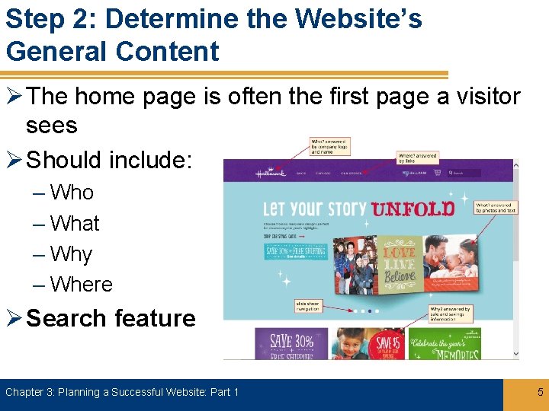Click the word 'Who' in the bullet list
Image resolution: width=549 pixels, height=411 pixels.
pyautogui.click(x=72, y=193)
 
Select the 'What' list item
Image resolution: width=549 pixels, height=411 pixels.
pyautogui.click(x=75, y=224)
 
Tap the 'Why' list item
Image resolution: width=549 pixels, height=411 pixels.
pyautogui.click(x=71, y=254)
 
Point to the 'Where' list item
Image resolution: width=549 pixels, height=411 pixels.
pyautogui.click(x=81, y=285)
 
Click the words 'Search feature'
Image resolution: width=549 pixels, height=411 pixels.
pyautogui.click(x=111, y=318)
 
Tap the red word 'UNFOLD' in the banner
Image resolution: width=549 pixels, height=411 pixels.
pyautogui.click(x=413, y=208)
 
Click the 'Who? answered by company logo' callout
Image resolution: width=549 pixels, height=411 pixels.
pyautogui.click(x=329, y=146)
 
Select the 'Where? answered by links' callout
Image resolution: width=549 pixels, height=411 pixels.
pyautogui.click(x=417, y=158)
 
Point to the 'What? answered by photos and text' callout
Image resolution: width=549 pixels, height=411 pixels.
pyautogui.click(x=496, y=207)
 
